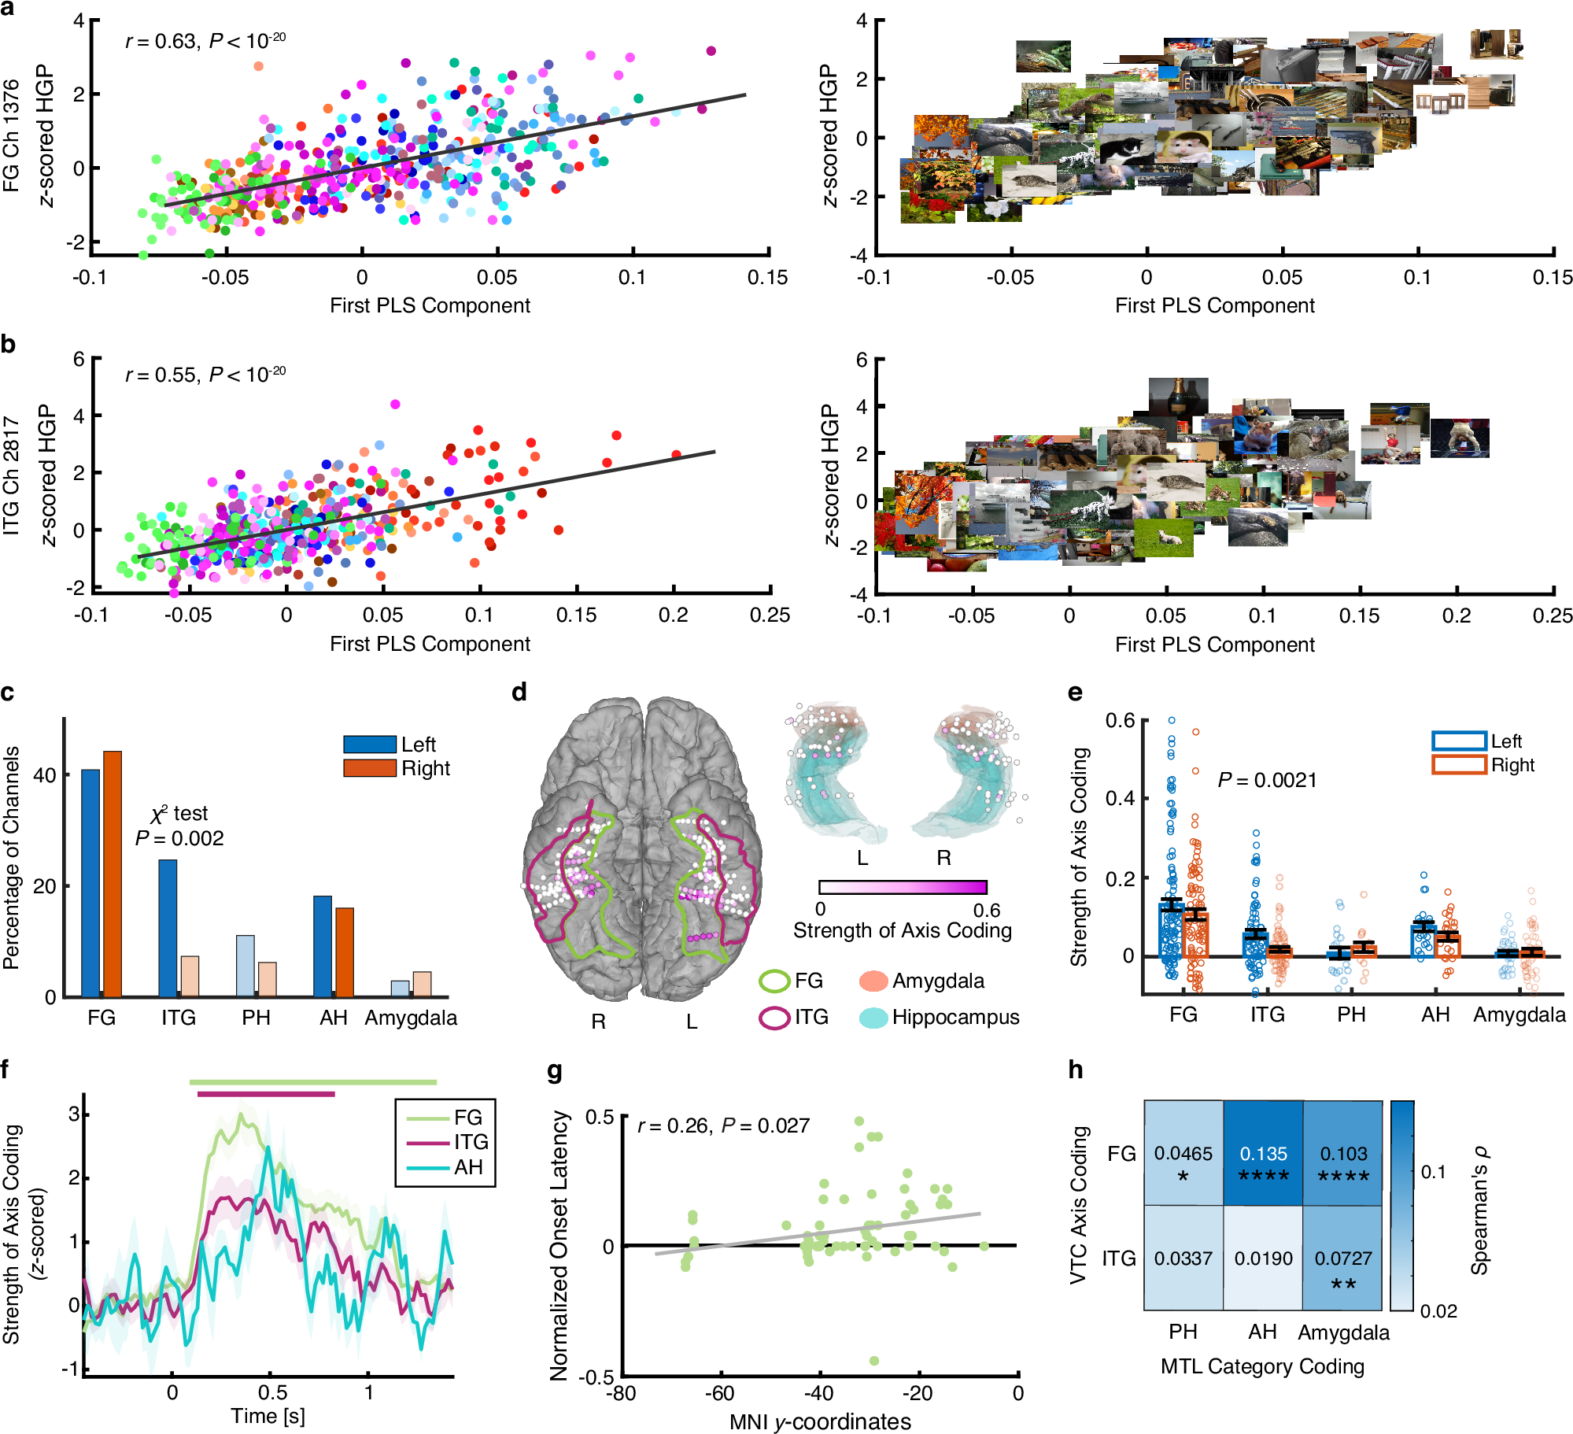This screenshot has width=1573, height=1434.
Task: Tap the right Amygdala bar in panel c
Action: [422, 984]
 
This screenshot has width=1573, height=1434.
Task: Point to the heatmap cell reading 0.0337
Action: [1183, 1258]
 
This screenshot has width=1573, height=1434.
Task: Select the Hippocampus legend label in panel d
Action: [955, 1017]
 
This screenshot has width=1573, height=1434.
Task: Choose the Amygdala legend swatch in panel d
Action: [873, 981]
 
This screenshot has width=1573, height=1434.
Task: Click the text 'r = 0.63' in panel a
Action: [161, 41]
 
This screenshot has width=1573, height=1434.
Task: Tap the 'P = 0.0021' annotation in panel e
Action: [1267, 780]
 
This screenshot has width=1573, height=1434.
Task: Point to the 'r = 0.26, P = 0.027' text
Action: [723, 1125]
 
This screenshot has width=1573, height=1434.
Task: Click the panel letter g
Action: [554, 1071]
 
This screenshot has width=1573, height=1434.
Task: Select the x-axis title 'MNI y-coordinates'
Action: [820, 1421]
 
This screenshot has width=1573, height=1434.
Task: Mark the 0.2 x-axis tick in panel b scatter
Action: [673, 615]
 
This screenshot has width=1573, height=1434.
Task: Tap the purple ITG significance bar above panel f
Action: [266, 1094]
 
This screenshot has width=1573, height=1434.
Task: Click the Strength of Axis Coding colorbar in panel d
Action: [903, 887]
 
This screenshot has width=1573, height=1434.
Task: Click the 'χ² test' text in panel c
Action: [179, 813]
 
